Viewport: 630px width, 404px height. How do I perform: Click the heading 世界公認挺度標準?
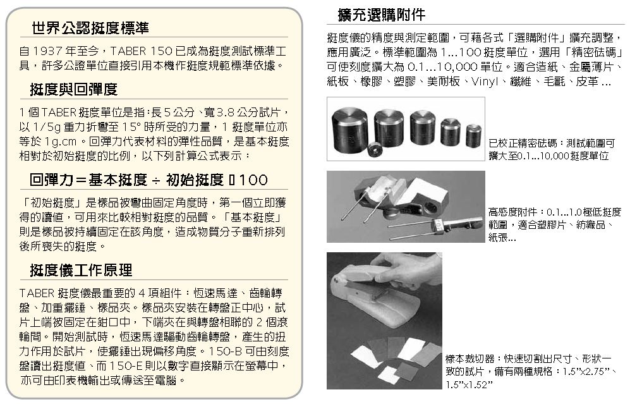(x=90, y=28)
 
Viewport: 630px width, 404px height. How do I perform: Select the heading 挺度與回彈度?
(x=73, y=89)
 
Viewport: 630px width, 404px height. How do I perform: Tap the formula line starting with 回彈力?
(x=148, y=180)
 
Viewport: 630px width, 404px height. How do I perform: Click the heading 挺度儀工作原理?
(x=81, y=270)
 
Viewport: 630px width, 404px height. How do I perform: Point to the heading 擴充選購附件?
(x=381, y=15)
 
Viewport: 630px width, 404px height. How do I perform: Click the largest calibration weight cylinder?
(x=349, y=127)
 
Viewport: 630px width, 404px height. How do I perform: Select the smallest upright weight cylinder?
(x=474, y=135)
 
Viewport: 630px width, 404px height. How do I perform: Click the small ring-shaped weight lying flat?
(x=376, y=150)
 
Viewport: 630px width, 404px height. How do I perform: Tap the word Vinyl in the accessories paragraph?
(x=484, y=82)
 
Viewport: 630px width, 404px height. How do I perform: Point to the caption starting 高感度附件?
(x=555, y=224)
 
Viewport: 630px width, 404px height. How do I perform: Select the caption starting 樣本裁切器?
(x=531, y=371)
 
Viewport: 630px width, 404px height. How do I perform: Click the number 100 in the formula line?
(x=253, y=180)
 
